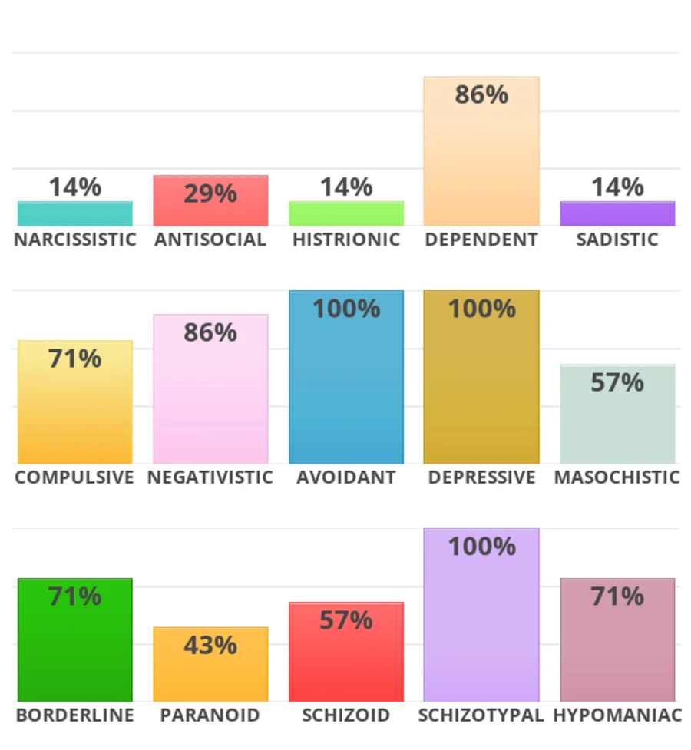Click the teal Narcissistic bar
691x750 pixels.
pyautogui.click(x=74, y=213)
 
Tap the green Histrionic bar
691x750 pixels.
pyautogui.click(x=345, y=213)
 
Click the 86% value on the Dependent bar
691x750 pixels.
pyautogui.click(x=481, y=94)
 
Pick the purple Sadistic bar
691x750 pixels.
pyautogui.click(x=617, y=213)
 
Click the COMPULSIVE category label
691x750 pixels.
pyautogui.click(x=74, y=477)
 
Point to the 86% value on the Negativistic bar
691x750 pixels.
pyautogui.click(x=210, y=332)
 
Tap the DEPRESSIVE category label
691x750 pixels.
pyautogui.click(x=481, y=477)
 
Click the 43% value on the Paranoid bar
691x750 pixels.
pyautogui.click(x=210, y=646)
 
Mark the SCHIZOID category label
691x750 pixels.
pyautogui.click(x=345, y=715)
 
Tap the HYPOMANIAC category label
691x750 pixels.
pyautogui.click(x=617, y=715)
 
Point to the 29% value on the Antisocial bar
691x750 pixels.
pyautogui.click(x=210, y=193)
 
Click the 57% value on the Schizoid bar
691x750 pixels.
pyautogui.click(x=345, y=620)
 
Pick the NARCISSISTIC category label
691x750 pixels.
pyautogui.click(x=74, y=240)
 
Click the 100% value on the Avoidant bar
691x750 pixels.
pyautogui.click(x=345, y=309)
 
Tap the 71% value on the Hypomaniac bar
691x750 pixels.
pyautogui.click(x=617, y=596)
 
